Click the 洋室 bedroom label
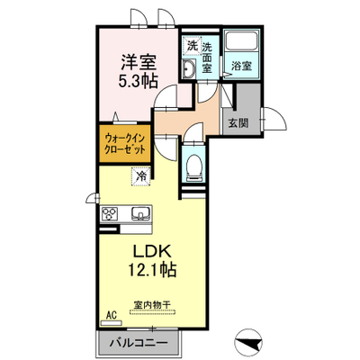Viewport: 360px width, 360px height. pyautogui.click(x=139, y=62)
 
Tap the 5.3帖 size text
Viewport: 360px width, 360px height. pyautogui.click(x=139, y=80)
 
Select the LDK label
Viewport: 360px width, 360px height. pyautogui.click(x=152, y=251)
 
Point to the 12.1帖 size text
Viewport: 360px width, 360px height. pyautogui.click(x=152, y=269)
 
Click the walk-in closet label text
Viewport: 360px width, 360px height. pyautogui.click(x=124, y=143)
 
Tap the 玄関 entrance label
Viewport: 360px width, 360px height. pyautogui.click(x=238, y=122)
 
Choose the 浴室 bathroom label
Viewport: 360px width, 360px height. pyautogui.click(x=241, y=66)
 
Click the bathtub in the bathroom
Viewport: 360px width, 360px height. pyautogui.click(x=242, y=40)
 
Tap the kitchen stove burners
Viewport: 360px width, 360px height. pyautogui.click(x=109, y=214)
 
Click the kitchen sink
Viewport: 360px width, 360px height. pyautogui.click(x=140, y=213)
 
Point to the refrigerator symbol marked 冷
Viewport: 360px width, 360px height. pyautogui.click(x=140, y=176)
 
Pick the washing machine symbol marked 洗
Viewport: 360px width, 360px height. pyautogui.click(x=192, y=46)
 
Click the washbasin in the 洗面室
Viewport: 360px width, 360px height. pyautogui.click(x=189, y=68)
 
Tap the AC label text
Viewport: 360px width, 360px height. pyautogui.click(x=112, y=315)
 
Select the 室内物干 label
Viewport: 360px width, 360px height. pyautogui.click(x=152, y=305)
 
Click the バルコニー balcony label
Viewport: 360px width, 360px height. pyautogui.click(x=139, y=342)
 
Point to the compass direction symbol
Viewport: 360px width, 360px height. pyautogui.click(x=248, y=343)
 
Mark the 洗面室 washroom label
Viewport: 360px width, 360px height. pyautogui.click(x=207, y=58)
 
